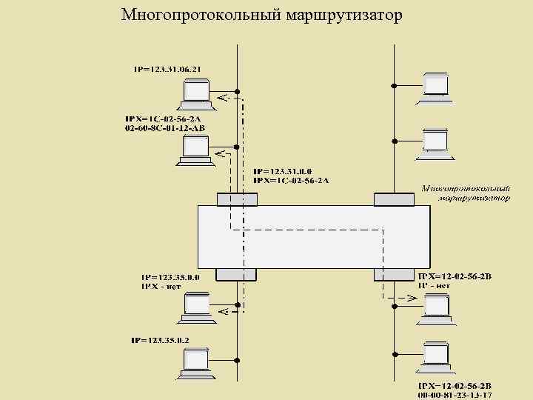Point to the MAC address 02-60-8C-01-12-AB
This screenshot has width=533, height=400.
coord(165,128)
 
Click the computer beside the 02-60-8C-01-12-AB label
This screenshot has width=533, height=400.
coord(194,150)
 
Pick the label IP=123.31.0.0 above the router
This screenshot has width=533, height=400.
coord(281,171)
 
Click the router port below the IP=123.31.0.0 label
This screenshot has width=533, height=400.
coord(237,199)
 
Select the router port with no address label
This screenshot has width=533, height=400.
coord(393,199)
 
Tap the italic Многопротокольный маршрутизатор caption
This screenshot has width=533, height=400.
coord(467,193)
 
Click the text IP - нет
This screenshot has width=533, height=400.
coord(435,284)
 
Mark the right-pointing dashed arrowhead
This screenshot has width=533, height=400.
coord(412,298)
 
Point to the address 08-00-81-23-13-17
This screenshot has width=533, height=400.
coord(455,395)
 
